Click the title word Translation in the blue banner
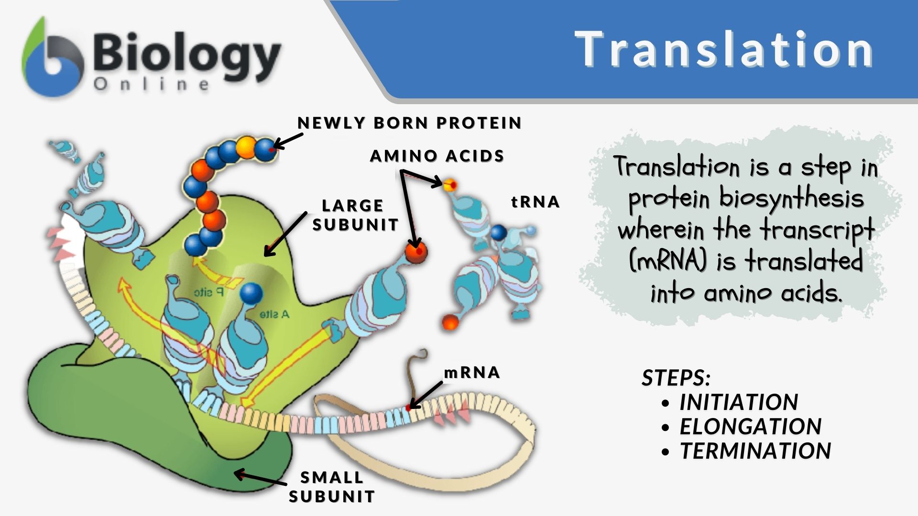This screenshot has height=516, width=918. pos(724,49)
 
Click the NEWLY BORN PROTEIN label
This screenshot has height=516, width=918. pos(409,123)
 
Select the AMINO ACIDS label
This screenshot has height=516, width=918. pos(437,156)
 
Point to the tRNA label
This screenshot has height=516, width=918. pos(535,202)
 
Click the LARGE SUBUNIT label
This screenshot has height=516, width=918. pos(355,215)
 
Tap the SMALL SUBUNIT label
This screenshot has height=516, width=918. pos(332,487)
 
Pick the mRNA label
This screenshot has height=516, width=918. pos(472,372)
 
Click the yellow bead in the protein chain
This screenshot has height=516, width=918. pos(247,146)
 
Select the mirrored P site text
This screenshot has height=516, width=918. pos(208,292)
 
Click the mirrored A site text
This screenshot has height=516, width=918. pos(274,314)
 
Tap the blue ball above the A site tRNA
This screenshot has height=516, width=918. pos(251,293)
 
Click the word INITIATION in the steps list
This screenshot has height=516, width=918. pos(739,402)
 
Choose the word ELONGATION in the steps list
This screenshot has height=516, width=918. pos(750,426)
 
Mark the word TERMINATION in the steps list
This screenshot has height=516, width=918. pos(755,451)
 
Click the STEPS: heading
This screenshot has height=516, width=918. pos(676,378)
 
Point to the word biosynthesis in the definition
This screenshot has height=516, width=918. pos(792,198)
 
